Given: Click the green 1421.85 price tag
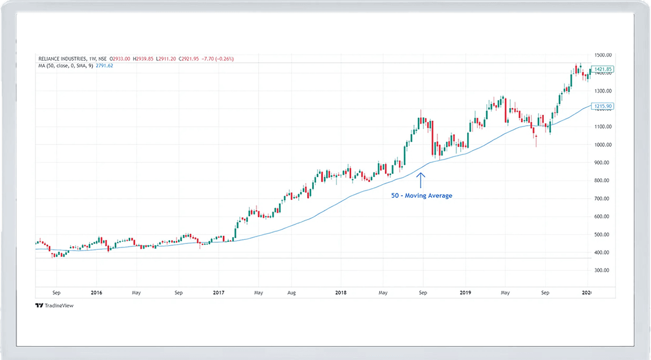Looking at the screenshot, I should pos(602,69).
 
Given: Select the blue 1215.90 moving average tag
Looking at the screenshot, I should pos(602,107).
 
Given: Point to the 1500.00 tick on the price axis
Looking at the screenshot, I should pos(602,55).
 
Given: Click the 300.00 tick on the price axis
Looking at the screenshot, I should pos(601,271).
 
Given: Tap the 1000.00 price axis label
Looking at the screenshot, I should pos(602,145).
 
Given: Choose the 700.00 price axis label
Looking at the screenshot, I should pos(601,199).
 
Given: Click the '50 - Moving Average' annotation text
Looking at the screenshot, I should pos(422,196).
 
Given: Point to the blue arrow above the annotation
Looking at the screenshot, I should pos(421,179).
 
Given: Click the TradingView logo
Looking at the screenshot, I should pos(54,305).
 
